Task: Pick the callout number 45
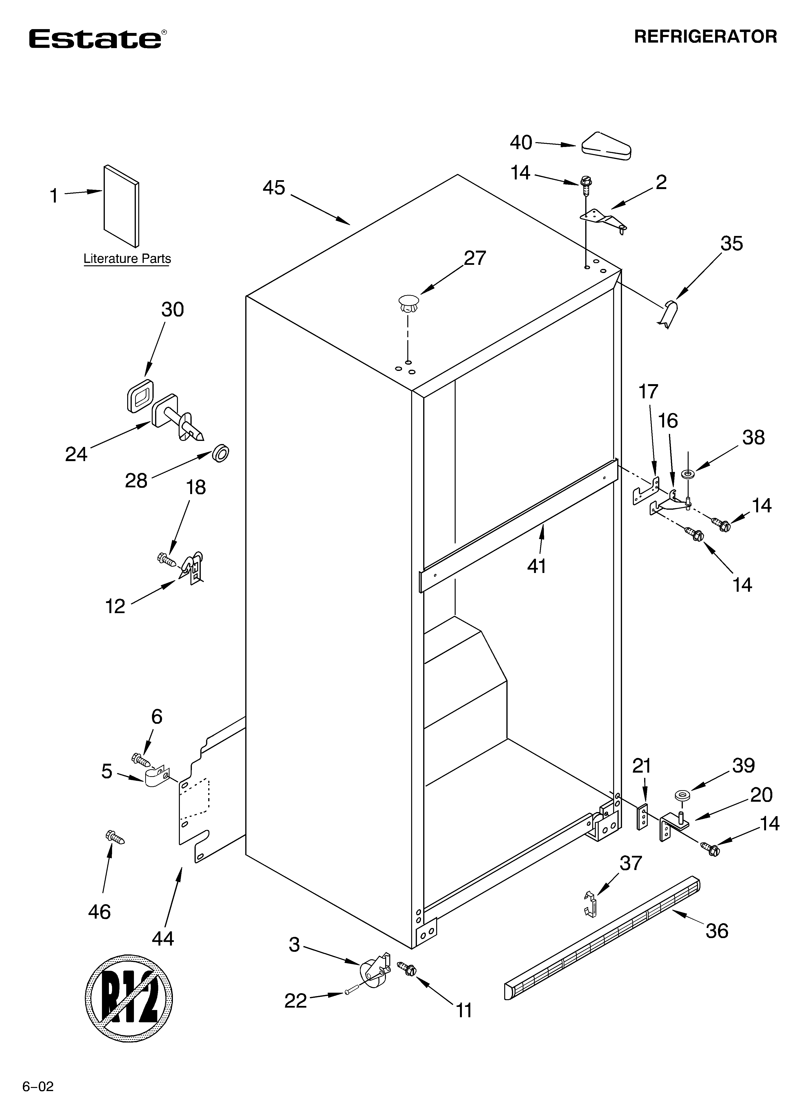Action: [274, 188]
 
